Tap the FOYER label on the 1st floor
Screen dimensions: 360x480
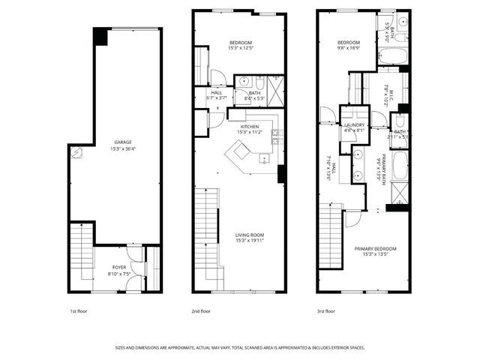119,266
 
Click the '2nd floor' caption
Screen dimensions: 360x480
200,310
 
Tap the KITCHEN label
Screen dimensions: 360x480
249,127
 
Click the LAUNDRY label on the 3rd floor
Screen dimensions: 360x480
355,125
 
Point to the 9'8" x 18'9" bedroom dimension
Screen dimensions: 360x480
349,47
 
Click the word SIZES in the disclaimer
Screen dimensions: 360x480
121,347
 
